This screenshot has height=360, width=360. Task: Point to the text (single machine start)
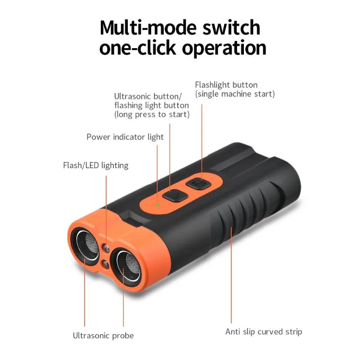(x=234, y=94)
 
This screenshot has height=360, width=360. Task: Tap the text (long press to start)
(x=152, y=114)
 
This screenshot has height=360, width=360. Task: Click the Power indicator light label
(x=125, y=137)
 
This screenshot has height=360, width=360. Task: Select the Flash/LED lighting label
(x=95, y=165)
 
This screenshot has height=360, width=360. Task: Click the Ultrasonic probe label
(x=103, y=335)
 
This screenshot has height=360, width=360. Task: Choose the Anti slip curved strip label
(x=264, y=332)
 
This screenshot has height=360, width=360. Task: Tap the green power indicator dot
(x=157, y=205)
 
